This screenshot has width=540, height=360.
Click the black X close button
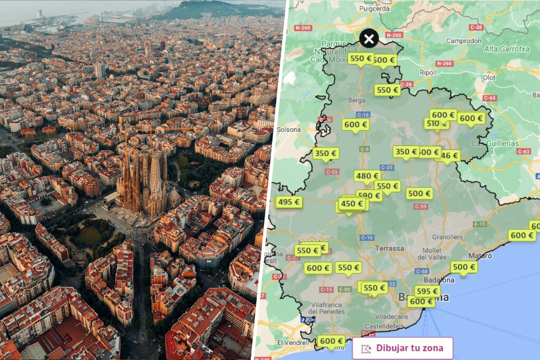point(369,38)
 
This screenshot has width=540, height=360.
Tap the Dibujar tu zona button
point(403,348)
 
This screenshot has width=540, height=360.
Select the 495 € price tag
point(288,202)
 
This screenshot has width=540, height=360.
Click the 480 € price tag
point(367,176)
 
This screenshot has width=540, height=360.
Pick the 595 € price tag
point(427,291)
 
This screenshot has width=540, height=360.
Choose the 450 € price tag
point(352,203)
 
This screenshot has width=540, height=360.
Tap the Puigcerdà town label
point(373,8)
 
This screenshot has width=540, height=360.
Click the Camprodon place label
point(464,41)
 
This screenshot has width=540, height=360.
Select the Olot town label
point(489,77)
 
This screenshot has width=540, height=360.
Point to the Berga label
point(356,100)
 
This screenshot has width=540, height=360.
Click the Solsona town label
point(288,129)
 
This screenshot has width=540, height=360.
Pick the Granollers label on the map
point(447,237)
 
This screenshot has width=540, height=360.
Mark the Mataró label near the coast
point(480,256)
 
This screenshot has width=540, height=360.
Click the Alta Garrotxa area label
point(506,49)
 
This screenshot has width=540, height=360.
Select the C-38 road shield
point(476,27)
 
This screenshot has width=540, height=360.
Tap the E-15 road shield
point(479,224)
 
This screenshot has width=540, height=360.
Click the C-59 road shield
point(420,207)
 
